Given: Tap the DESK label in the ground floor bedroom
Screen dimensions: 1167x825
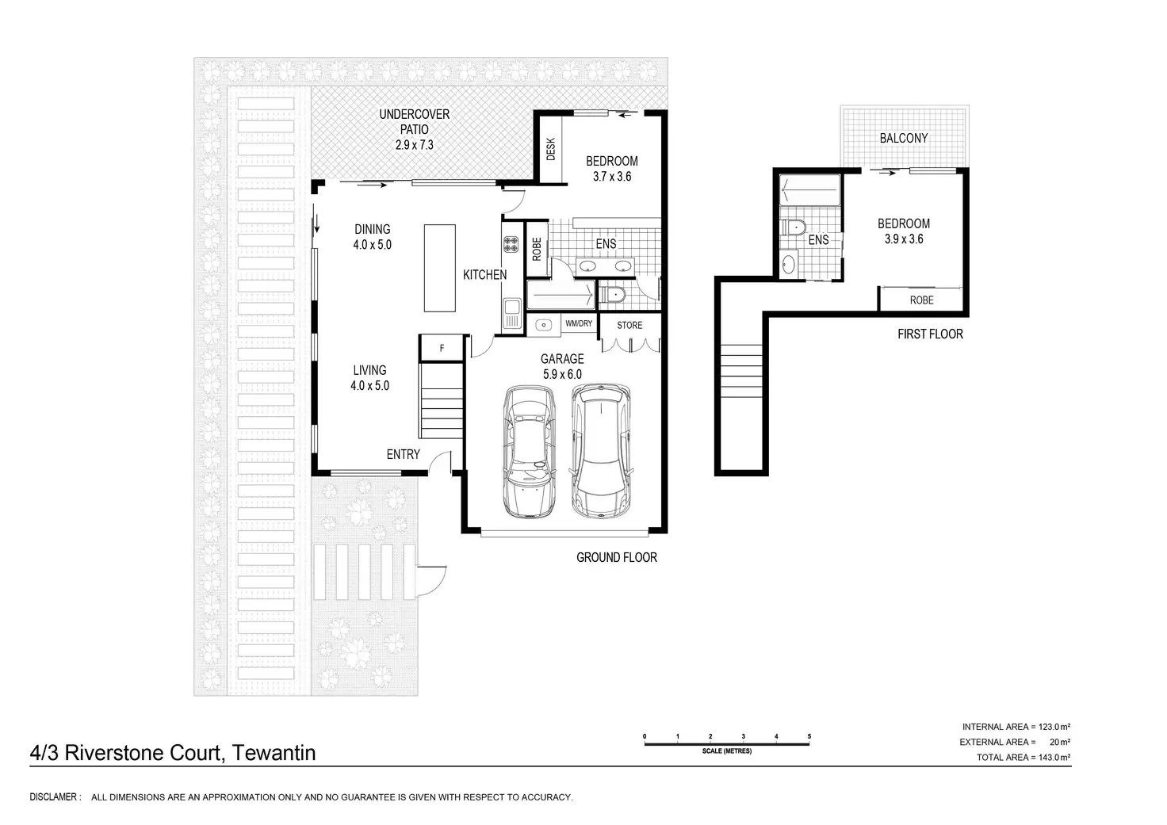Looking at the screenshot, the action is click(551, 149).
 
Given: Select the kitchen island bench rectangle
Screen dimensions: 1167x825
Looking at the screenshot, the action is click(440, 268).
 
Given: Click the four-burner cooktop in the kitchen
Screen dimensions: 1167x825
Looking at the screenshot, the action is click(511, 244).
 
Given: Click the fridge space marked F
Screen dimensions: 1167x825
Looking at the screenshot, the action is click(442, 348).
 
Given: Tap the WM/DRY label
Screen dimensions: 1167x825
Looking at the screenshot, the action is click(579, 323).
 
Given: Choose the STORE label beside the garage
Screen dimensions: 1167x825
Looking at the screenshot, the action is click(629, 326).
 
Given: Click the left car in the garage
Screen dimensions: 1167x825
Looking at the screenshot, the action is click(529, 452).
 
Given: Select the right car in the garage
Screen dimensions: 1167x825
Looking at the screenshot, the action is click(602, 451).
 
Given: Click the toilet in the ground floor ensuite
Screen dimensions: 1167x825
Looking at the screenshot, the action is click(611, 296).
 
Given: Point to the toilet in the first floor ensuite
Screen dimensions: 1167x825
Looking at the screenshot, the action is click(794, 227).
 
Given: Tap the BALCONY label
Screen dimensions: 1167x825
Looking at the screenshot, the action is click(904, 138).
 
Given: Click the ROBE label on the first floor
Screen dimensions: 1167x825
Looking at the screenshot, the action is click(921, 300).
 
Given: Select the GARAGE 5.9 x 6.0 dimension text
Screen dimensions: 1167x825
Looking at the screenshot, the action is click(562, 366).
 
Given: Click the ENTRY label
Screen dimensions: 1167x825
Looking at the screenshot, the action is click(404, 454).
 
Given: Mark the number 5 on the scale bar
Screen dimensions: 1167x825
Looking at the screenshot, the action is click(809, 736).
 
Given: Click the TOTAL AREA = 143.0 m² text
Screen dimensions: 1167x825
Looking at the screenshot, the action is click(1024, 758).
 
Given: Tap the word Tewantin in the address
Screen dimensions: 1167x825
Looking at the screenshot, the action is click(274, 753).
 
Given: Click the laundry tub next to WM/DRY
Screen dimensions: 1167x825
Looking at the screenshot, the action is click(543, 325).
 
